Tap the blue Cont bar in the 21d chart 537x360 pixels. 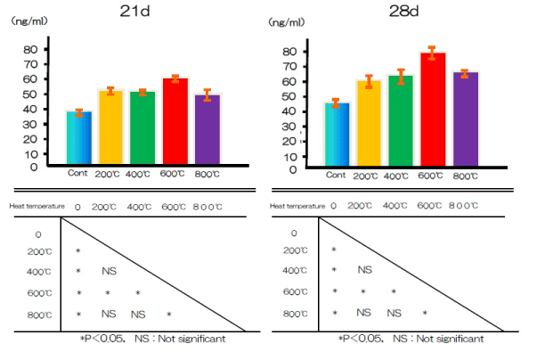tap(79, 138)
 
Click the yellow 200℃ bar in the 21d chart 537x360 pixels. tap(111, 127)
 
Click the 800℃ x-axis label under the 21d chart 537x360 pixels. tap(209, 174)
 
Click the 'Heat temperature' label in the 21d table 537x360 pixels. tap(38, 207)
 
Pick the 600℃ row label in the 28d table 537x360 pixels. tap(295, 291)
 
